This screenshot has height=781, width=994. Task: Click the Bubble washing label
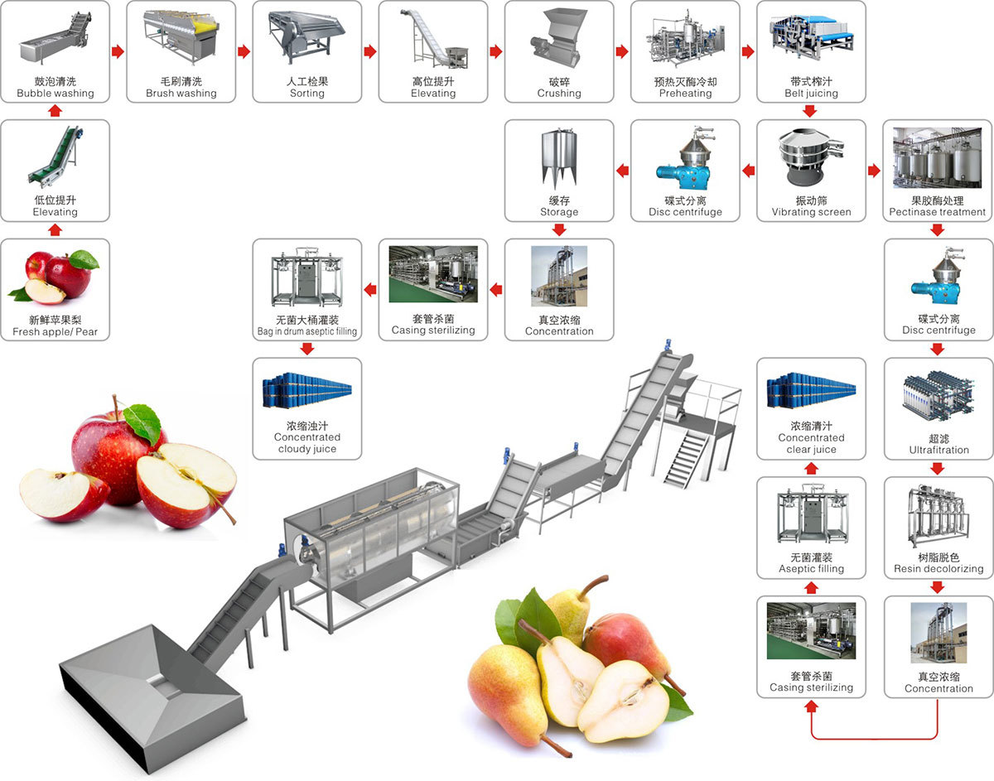click(x=55, y=94)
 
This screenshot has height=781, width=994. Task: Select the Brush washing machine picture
click(x=181, y=36)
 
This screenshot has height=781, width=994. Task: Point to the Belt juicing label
click(x=811, y=94)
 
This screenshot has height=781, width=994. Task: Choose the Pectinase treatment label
click(x=938, y=212)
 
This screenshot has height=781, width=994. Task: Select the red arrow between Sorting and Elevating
click(x=369, y=51)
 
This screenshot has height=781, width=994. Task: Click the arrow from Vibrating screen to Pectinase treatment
click(x=874, y=171)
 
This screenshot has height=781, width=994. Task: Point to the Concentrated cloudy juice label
click(x=306, y=443)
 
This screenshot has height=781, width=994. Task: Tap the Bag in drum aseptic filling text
click(x=306, y=331)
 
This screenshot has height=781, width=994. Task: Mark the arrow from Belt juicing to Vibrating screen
click(x=811, y=111)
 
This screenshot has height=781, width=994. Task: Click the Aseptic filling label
click(x=811, y=569)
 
